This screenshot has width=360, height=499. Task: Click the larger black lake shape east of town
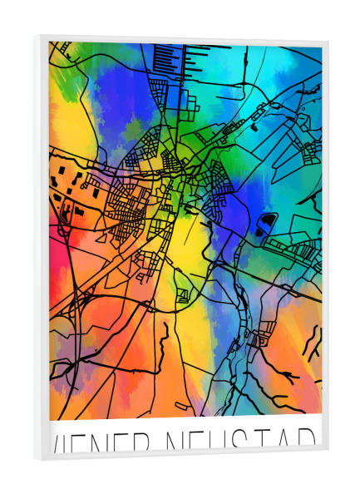point(266,222)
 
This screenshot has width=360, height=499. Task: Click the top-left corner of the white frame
point(34,36)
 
